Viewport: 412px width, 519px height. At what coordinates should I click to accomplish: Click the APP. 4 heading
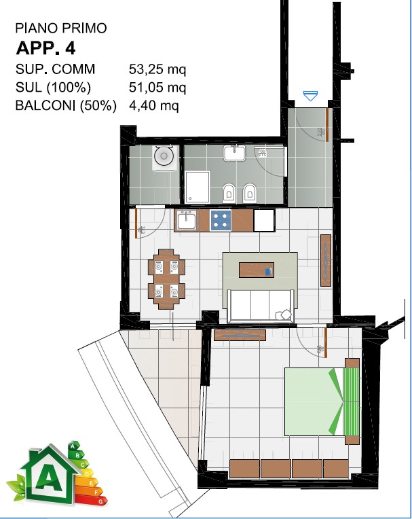tap(45, 48)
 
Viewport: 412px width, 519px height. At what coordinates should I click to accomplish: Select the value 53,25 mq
tap(157, 69)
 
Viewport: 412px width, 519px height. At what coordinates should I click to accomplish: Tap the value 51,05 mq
tap(157, 88)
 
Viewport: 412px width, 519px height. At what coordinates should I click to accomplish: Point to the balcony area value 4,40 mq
tap(154, 105)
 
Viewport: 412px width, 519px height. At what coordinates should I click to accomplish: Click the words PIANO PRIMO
tap(61, 28)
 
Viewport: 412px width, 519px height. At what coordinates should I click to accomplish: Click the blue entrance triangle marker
tap(310, 96)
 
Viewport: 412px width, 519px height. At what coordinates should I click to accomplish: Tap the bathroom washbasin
tap(234, 154)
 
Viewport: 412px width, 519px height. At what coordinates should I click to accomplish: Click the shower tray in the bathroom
tap(198, 187)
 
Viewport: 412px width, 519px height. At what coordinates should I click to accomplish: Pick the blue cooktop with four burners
tap(220, 220)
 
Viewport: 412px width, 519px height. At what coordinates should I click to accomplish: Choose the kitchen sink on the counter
tap(186, 221)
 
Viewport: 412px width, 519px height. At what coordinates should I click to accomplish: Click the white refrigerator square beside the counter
tap(264, 220)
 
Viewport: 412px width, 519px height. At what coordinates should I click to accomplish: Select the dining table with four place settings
tap(166, 279)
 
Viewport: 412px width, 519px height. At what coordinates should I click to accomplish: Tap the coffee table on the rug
tap(257, 270)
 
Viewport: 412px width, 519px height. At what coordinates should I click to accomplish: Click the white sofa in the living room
tap(260, 305)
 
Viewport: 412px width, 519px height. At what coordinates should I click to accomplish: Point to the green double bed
tap(322, 401)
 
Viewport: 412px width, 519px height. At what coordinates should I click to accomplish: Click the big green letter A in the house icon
tap(49, 479)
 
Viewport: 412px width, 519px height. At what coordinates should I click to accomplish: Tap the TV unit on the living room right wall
tap(326, 260)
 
